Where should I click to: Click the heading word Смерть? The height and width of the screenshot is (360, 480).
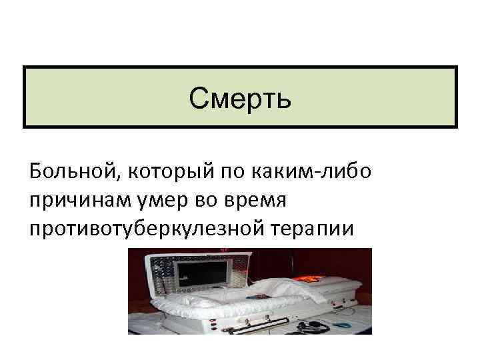click(x=239, y=99)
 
